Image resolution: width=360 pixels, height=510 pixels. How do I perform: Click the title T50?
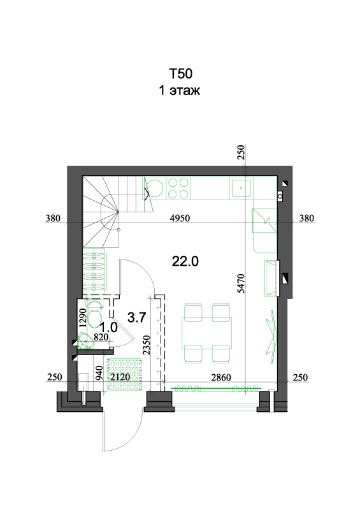click(180, 74)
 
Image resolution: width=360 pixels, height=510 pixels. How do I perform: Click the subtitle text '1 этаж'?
click(179, 90)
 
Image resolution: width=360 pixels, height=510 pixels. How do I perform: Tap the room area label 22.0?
click(185, 261)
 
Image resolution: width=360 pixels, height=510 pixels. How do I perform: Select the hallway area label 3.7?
click(136, 317)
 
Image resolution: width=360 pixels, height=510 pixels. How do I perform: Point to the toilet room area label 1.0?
click(108, 328)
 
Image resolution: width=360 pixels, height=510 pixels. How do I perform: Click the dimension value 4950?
click(180, 218)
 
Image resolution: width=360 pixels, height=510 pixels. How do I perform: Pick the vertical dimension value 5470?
click(241, 283)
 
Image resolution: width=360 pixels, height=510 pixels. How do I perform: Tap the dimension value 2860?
click(221, 377)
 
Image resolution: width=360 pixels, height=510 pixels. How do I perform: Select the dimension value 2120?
click(120, 377)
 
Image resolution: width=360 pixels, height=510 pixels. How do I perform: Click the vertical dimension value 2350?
click(147, 345)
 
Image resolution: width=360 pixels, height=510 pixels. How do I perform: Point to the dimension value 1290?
click(83, 317)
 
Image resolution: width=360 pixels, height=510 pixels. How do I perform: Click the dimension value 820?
click(101, 337)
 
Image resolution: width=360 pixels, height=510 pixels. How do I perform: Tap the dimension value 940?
click(99, 373)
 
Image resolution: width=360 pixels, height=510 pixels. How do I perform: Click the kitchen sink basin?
click(241, 188)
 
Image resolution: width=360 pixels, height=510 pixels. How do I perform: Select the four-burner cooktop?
click(178, 188)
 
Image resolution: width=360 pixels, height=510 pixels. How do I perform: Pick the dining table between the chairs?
click(207, 333)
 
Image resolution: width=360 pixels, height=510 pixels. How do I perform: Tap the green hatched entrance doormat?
click(125, 374)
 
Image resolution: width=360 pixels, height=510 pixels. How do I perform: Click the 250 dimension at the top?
click(241, 152)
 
